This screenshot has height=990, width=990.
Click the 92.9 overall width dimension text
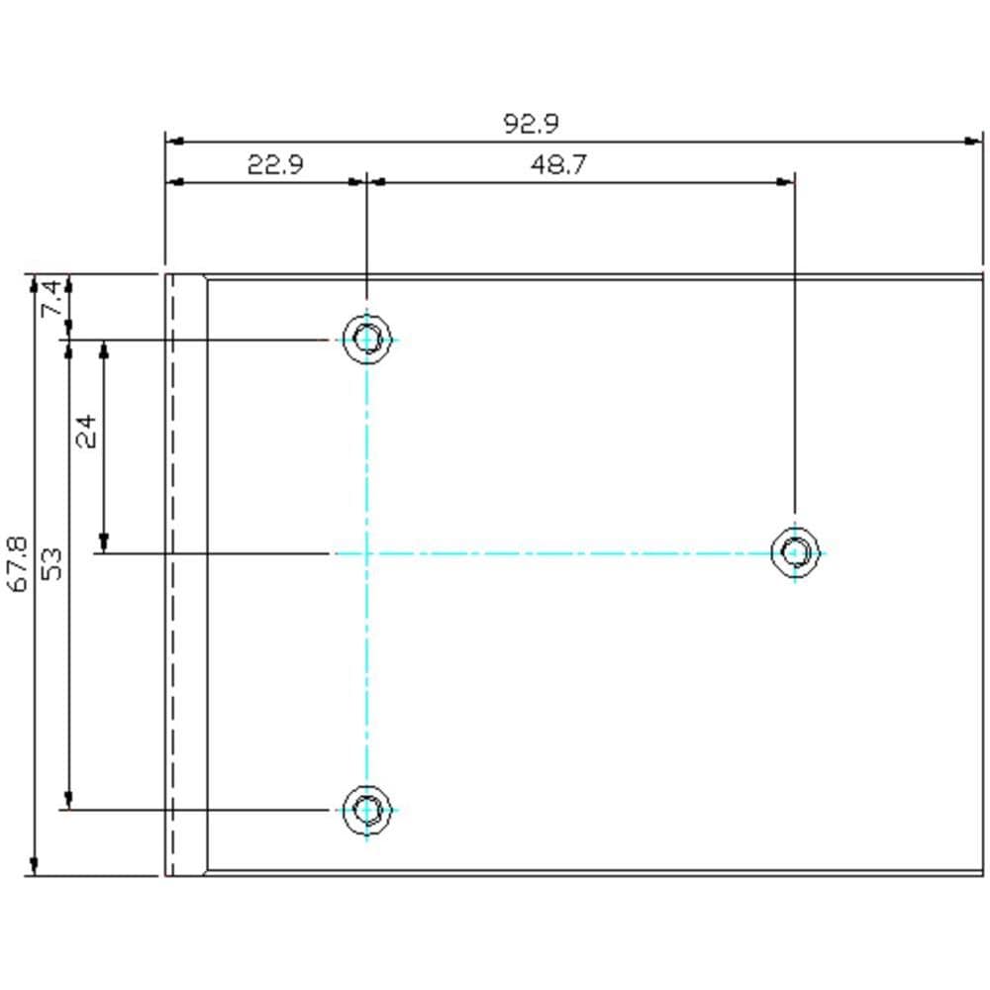532,124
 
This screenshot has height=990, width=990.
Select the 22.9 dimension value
274,164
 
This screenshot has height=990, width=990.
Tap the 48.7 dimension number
557,164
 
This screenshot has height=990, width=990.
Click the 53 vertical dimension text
53,564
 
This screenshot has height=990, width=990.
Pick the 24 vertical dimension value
88,432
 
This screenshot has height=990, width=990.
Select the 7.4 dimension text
55,298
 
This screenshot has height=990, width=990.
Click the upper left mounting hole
366,340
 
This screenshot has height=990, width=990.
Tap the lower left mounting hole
366,810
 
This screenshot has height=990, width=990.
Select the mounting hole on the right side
795,551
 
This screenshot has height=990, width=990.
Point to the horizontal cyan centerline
574,552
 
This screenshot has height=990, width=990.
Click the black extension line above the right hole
795,346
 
